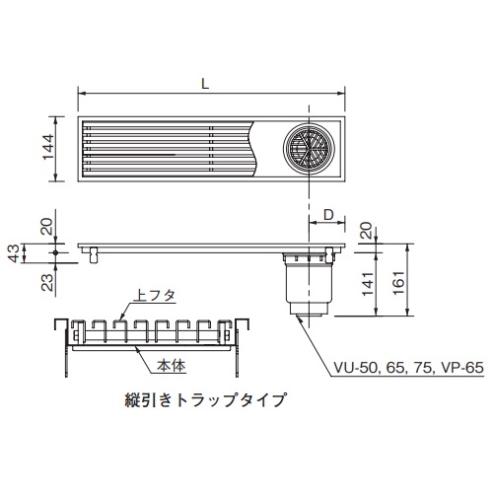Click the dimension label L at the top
pos(205,84)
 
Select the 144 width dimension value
pos(48,147)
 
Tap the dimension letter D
pos(328,215)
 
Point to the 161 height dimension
pos(398,283)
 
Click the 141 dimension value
pos(368,284)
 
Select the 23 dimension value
pos(47,282)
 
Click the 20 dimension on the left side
pos(46,226)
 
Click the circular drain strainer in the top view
pos(309,149)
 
